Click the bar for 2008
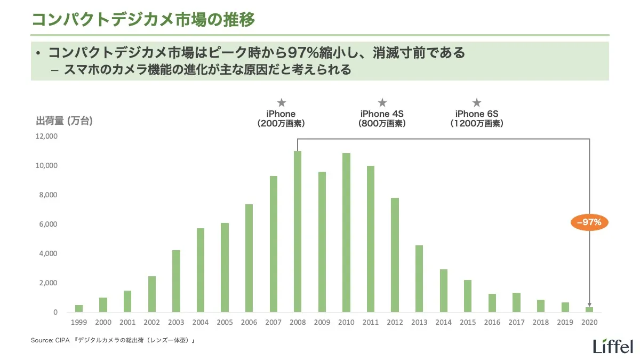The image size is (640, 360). [x=298, y=231]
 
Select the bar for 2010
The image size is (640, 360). [x=346, y=233]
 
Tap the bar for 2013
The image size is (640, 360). [x=419, y=278]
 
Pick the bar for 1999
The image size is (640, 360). [x=79, y=308]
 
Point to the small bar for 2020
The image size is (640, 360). [x=589, y=309]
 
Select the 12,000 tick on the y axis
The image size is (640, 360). [x=47, y=137]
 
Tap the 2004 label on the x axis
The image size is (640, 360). [x=200, y=322]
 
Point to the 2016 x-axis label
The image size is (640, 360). [x=492, y=322]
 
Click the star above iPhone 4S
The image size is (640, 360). [x=382, y=103]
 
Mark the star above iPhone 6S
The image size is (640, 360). [x=477, y=103]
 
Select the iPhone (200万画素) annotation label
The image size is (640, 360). [x=281, y=118]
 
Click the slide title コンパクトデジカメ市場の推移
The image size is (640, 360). [x=143, y=19]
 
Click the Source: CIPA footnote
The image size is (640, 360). [x=113, y=340]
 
